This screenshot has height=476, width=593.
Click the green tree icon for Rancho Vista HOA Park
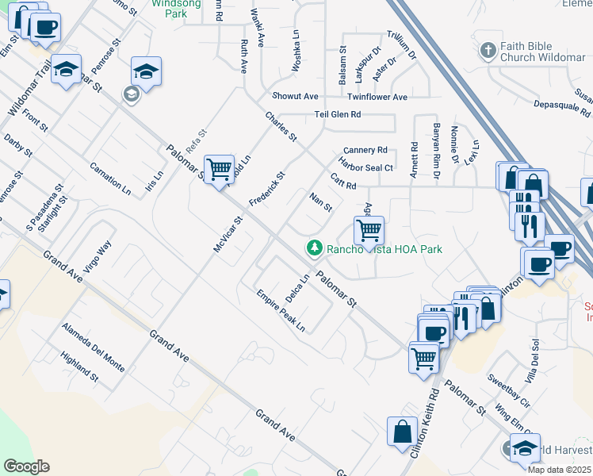coord(315,248)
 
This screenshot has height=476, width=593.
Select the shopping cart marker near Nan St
coord(369,231)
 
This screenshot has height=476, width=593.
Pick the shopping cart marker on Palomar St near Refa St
coord(219,170)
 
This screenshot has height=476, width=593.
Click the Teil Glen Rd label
coord(338,114)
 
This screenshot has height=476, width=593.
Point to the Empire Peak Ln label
coord(281,310)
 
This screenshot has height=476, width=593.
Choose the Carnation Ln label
coord(110,179)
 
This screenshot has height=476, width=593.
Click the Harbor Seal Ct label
coord(366,167)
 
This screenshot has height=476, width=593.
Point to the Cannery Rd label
coord(365,150)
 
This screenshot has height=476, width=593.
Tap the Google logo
coord(26,466)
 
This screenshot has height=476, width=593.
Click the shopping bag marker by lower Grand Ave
coord(402,432)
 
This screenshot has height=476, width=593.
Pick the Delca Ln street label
coord(296,288)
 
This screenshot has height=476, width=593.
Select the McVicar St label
coord(228,235)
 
